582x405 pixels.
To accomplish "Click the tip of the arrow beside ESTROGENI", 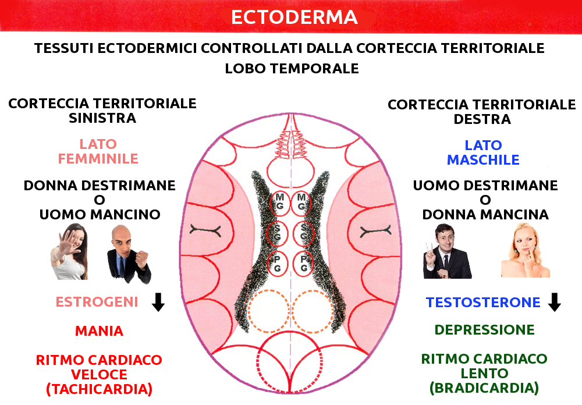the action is (158, 311).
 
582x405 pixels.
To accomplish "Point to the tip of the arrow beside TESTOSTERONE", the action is (555, 311).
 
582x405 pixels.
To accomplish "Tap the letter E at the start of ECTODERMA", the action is (237, 17).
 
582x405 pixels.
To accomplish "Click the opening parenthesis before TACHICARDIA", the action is (49, 389).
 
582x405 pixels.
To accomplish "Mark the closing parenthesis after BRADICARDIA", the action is (537, 388).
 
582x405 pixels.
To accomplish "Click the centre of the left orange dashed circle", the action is (269, 311).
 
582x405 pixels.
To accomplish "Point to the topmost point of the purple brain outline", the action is (292, 113).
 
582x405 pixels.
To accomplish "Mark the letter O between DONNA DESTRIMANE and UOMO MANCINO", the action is (99, 200).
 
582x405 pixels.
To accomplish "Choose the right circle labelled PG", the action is (303, 264).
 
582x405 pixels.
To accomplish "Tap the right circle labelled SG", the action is (304, 233).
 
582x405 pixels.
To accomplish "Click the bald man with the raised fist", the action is (129, 254).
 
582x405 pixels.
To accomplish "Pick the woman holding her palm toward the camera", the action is (70, 252).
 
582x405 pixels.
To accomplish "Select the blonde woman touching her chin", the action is (525, 250).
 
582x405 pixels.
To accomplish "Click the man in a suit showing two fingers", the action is (446, 251).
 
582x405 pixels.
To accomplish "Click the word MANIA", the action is (99, 331).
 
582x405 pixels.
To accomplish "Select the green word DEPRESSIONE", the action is (484, 329).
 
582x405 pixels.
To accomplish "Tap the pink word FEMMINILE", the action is (98, 159).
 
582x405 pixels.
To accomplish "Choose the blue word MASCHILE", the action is (483, 160).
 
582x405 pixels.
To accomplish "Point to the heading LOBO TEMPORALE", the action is (292, 69).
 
